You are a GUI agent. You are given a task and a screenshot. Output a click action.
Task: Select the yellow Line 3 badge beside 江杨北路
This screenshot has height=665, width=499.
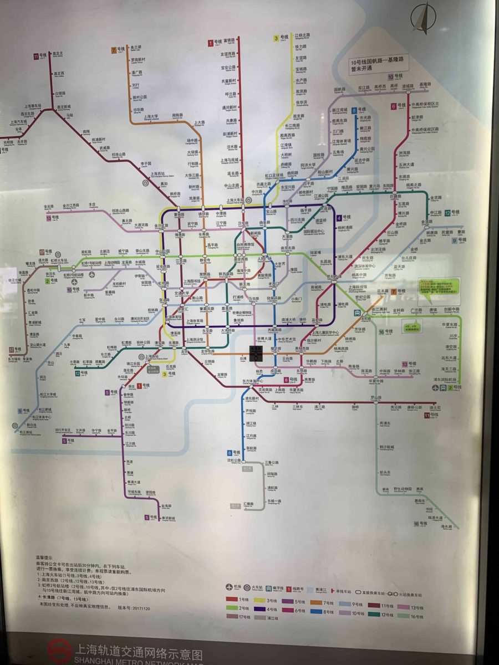pyautogui.click(x=276, y=38)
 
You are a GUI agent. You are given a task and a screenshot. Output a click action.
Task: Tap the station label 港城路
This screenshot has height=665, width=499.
pyautogui.click(x=424, y=85)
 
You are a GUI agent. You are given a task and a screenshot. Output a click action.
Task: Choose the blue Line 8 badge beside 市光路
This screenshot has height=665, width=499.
pyautogui.click(x=354, y=110)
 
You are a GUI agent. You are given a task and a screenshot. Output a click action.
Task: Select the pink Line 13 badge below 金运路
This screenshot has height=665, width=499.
pyautogui.click(x=50, y=218)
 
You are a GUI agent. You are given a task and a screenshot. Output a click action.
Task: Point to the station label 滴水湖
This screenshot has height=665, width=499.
pyautogui.click(x=447, y=527)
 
